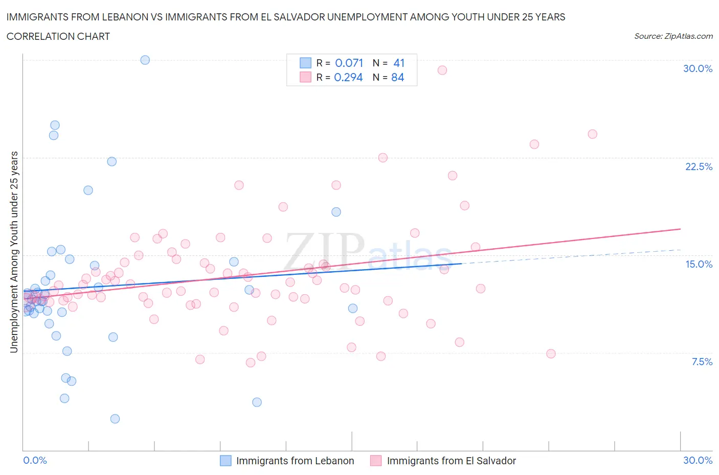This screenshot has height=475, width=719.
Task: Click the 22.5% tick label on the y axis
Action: [x=699, y=167]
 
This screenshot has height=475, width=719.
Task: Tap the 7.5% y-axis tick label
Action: [x=702, y=362]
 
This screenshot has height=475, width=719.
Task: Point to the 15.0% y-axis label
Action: [x=699, y=264]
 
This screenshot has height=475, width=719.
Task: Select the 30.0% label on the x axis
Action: [x=698, y=460]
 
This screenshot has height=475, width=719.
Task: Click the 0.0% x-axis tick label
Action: [x=35, y=460]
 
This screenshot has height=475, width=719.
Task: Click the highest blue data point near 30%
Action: [x=145, y=60]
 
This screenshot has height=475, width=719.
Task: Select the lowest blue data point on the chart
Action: [x=115, y=419]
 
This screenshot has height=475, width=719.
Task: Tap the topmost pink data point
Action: [x=442, y=70]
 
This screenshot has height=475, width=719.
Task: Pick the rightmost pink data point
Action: [x=592, y=134]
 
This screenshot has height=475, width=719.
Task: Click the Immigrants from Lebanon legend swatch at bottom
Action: [x=226, y=461]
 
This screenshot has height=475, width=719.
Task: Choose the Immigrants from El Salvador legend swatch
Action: [x=376, y=461]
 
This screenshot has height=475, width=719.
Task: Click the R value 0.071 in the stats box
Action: [x=349, y=63]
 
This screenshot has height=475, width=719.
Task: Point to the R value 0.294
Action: [x=348, y=77]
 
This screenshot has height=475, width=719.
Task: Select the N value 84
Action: [x=397, y=77]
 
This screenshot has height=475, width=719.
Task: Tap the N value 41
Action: [x=399, y=63]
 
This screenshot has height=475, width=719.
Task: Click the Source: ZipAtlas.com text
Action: [x=673, y=36]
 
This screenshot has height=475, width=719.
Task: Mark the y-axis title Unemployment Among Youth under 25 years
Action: [x=14, y=252]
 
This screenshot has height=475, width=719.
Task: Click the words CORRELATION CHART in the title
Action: [x=58, y=36]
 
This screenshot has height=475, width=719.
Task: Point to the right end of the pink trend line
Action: [x=680, y=229]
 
